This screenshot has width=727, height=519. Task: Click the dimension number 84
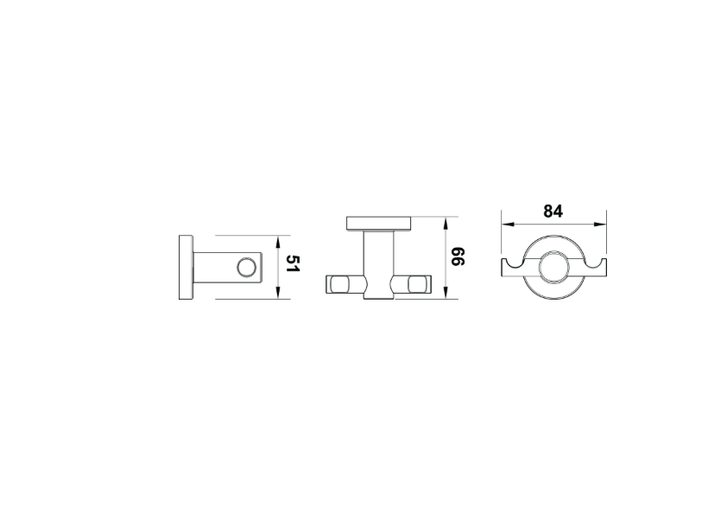[553, 212]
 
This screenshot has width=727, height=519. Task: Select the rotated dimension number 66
[458, 256]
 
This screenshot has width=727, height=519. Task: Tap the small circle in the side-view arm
[246, 268]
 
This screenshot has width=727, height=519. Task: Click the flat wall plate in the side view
[186, 267]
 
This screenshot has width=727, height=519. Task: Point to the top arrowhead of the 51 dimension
[278, 243]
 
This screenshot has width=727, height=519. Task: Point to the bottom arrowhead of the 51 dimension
[278, 292]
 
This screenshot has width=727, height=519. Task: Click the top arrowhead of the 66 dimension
[446, 224]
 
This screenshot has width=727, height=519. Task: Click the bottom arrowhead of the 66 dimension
[446, 292]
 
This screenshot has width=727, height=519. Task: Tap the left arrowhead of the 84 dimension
[509, 225]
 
